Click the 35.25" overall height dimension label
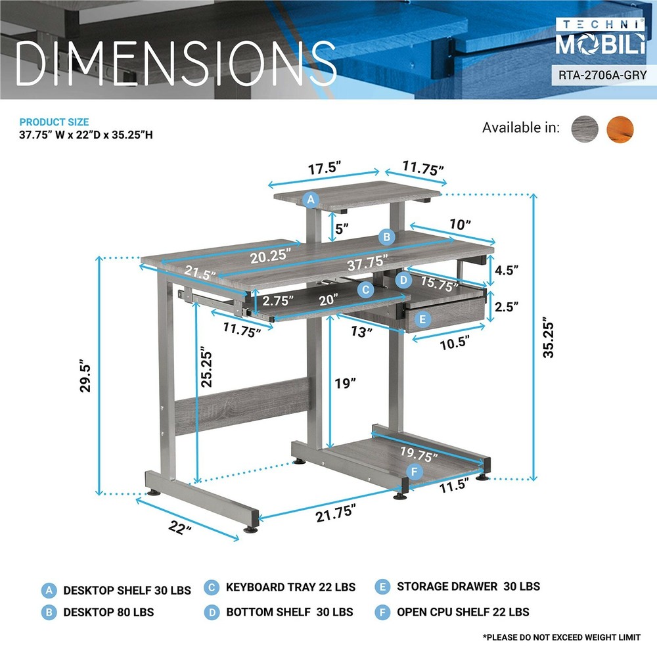pos(550,338)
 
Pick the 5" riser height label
pos(342,229)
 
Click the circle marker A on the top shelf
pos(311,199)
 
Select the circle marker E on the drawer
pos(422,320)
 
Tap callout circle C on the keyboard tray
pos(365,288)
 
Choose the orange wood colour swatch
pos(621,127)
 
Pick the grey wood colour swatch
pos(585,127)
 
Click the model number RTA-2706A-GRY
pos(602,75)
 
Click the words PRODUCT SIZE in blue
pos(54,122)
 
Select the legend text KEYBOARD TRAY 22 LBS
pos(290,587)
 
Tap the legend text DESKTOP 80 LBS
pos(108,612)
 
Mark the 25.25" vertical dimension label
pos(207,366)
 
